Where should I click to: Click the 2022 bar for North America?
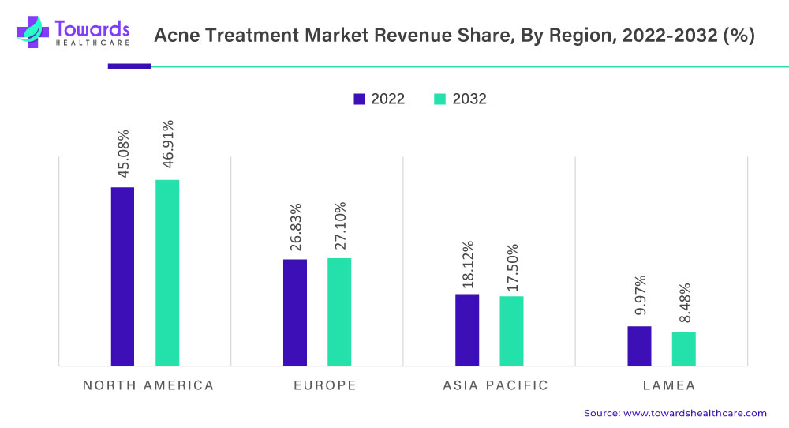point(122,276)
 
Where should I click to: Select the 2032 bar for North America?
point(167,272)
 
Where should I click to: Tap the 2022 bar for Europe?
point(295,312)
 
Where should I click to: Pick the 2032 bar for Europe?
point(339,311)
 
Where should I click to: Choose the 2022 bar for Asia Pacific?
point(467,329)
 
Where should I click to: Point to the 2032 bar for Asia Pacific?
point(511,331)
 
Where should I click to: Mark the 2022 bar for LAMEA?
point(639,346)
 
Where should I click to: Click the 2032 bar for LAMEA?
point(683,348)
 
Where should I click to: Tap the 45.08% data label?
point(123,153)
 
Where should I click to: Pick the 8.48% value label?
point(684,303)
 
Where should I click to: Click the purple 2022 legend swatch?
point(360,99)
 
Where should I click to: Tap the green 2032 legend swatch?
point(440,99)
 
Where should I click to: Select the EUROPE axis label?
point(325,385)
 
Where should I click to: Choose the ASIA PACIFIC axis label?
point(495,385)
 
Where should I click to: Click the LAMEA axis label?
point(668,385)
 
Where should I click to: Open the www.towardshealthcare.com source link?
point(695,413)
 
